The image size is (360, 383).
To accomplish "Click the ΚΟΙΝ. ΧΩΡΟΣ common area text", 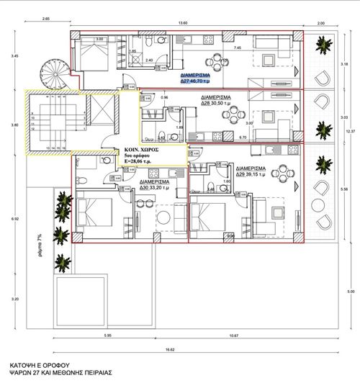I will coord(140,145).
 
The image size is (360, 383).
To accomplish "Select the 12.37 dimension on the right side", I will coord(351,130).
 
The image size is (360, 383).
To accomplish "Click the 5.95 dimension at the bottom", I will coord(108,335).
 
